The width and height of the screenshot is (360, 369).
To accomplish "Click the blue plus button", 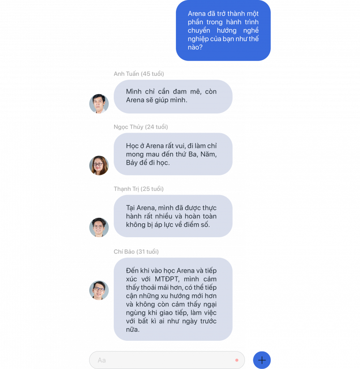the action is click(262, 360).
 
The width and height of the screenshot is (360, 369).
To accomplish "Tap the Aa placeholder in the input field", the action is click(102, 360).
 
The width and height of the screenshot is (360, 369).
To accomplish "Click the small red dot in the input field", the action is click(236, 360).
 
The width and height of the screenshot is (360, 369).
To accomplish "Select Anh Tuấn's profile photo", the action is click(99, 104).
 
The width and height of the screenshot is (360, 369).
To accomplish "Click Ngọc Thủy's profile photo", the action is click(99, 165).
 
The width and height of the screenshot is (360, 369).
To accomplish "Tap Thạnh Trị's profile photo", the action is click(99, 227).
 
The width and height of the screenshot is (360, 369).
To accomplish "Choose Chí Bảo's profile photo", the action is click(99, 290).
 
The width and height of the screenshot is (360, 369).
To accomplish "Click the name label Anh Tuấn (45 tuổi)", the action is click(139, 74).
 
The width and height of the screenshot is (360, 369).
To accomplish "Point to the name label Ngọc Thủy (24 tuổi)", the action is click(141, 127).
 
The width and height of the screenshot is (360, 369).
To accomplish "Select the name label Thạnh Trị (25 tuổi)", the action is click(139, 189).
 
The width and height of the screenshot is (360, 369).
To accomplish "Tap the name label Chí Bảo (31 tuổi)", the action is click(136, 252).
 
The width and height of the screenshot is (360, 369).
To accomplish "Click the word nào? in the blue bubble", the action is click(195, 47).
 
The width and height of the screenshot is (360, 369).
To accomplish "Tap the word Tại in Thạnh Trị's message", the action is click(130, 208).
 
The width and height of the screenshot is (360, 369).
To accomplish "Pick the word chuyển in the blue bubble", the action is click(199, 30).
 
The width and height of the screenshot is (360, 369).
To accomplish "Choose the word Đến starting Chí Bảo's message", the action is click(132, 271).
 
